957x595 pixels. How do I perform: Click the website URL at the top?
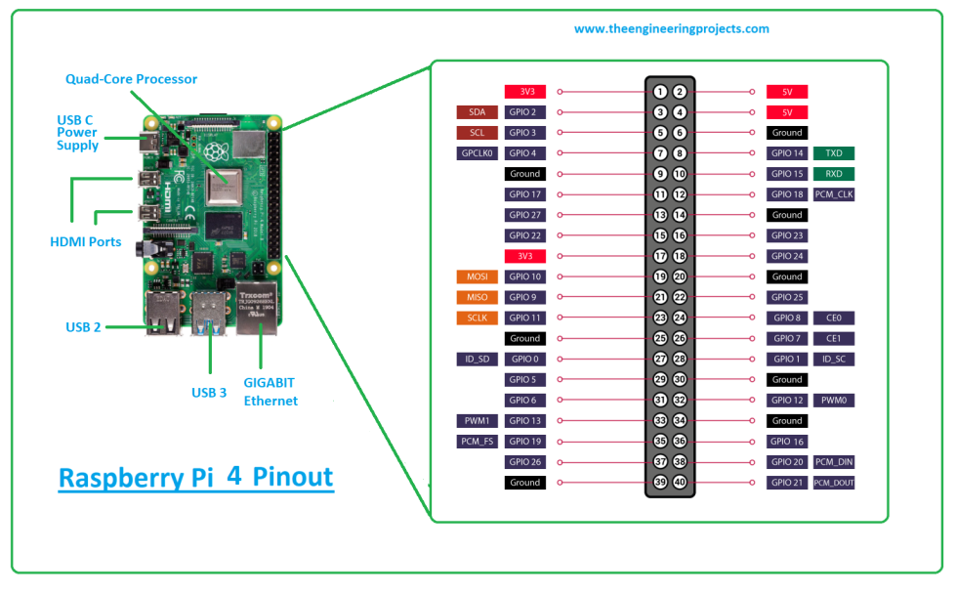671,29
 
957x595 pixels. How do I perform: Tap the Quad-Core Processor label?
131,79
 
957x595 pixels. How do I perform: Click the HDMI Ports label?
86,241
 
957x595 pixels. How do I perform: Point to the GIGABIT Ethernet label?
270,392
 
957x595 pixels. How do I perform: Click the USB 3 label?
209,393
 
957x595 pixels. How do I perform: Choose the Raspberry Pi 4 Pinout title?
195,479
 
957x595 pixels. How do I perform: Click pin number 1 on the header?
660,92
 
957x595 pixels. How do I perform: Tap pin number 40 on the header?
680,483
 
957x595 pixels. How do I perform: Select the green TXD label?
833,153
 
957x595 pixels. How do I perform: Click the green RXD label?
833,174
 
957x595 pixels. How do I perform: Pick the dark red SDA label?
477,112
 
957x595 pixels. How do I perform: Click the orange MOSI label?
477,276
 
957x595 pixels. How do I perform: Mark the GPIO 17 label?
524,194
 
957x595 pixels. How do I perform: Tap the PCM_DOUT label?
833,483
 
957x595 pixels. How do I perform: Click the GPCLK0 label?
477,153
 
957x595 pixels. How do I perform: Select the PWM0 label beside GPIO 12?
833,401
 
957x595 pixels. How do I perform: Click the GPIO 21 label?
786,483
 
